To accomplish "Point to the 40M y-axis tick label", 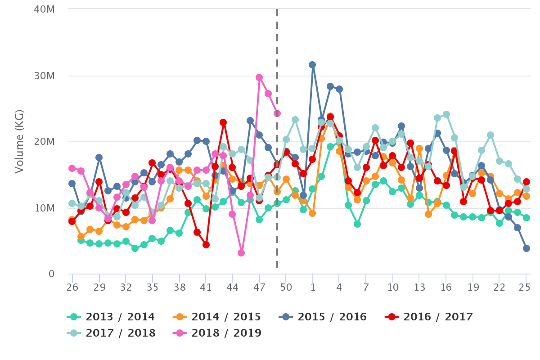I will tap(45, 9).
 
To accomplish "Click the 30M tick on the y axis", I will tap(45, 76).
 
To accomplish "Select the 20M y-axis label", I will tap(45, 142).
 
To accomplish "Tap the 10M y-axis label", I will tap(45, 208).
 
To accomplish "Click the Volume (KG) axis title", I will tap(19, 141).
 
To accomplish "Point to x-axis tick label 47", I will tap(259, 287).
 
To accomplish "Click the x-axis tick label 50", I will tap(286, 287).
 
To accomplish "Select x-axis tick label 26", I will tap(72, 287).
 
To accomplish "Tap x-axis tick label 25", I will tap(526, 287).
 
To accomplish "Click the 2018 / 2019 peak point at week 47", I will tap(259, 77).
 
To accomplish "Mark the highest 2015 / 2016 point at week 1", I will tap(312, 65).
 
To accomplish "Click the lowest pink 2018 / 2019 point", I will tap(241, 253).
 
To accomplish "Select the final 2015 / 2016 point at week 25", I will tap(526, 248).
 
